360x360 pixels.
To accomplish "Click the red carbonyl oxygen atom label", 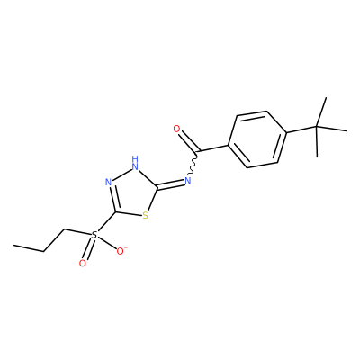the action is pyautogui.click(x=177, y=130).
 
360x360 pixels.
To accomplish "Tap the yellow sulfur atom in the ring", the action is pyautogui.click(x=146, y=215).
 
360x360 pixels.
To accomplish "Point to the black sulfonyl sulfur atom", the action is pyautogui.click(x=94, y=235).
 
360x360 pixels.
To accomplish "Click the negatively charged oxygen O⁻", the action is pyautogui.click(x=121, y=251).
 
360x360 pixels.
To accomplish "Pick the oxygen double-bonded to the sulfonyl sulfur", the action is pyautogui.click(x=83, y=264).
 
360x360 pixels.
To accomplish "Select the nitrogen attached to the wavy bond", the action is pyautogui.click(x=188, y=181).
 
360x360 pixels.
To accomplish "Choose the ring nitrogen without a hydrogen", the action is pyautogui.click(x=108, y=182).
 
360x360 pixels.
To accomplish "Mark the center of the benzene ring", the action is pyautogui.click(x=257, y=139).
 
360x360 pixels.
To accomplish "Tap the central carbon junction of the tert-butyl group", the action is pyautogui.click(x=317, y=127).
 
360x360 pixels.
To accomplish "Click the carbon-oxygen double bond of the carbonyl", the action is pyautogui.click(x=189, y=142).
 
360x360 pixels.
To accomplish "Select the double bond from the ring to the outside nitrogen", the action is pyautogui.click(x=170, y=184).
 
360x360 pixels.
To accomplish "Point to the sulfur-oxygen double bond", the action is pyautogui.click(x=88, y=249).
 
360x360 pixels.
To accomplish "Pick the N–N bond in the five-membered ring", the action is pyautogui.click(x=121, y=175).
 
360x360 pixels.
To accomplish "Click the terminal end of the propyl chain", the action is pyautogui.click(x=13, y=246).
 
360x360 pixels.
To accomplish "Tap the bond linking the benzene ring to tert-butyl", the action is pyautogui.click(x=301, y=130).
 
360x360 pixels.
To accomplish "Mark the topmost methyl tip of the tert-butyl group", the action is pyautogui.click(x=326, y=98).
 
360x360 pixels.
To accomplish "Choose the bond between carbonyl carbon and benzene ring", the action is pyautogui.click(x=214, y=148).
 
